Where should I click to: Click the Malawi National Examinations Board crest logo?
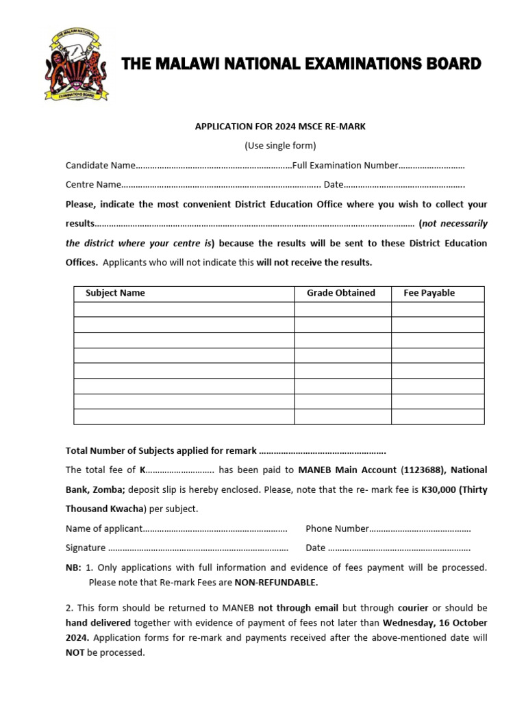[x=76, y=64]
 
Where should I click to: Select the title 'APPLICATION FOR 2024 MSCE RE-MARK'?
[x=281, y=126]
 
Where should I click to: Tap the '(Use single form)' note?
[x=281, y=145]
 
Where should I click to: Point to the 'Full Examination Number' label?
[x=345, y=165]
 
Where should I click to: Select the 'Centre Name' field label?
[x=93, y=184]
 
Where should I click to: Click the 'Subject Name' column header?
[x=115, y=293]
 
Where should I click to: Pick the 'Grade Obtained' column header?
[x=340, y=293]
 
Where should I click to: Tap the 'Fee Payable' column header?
[x=429, y=293]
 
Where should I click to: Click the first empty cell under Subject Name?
[x=184, y=309]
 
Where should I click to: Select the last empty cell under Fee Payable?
[x=437, y=416]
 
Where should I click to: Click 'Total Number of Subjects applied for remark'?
[x=161, y=450]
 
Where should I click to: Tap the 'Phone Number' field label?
[x=337, y=528]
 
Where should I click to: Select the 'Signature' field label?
[x=86, y=548]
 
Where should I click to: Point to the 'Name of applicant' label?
[x=104, y=528]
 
